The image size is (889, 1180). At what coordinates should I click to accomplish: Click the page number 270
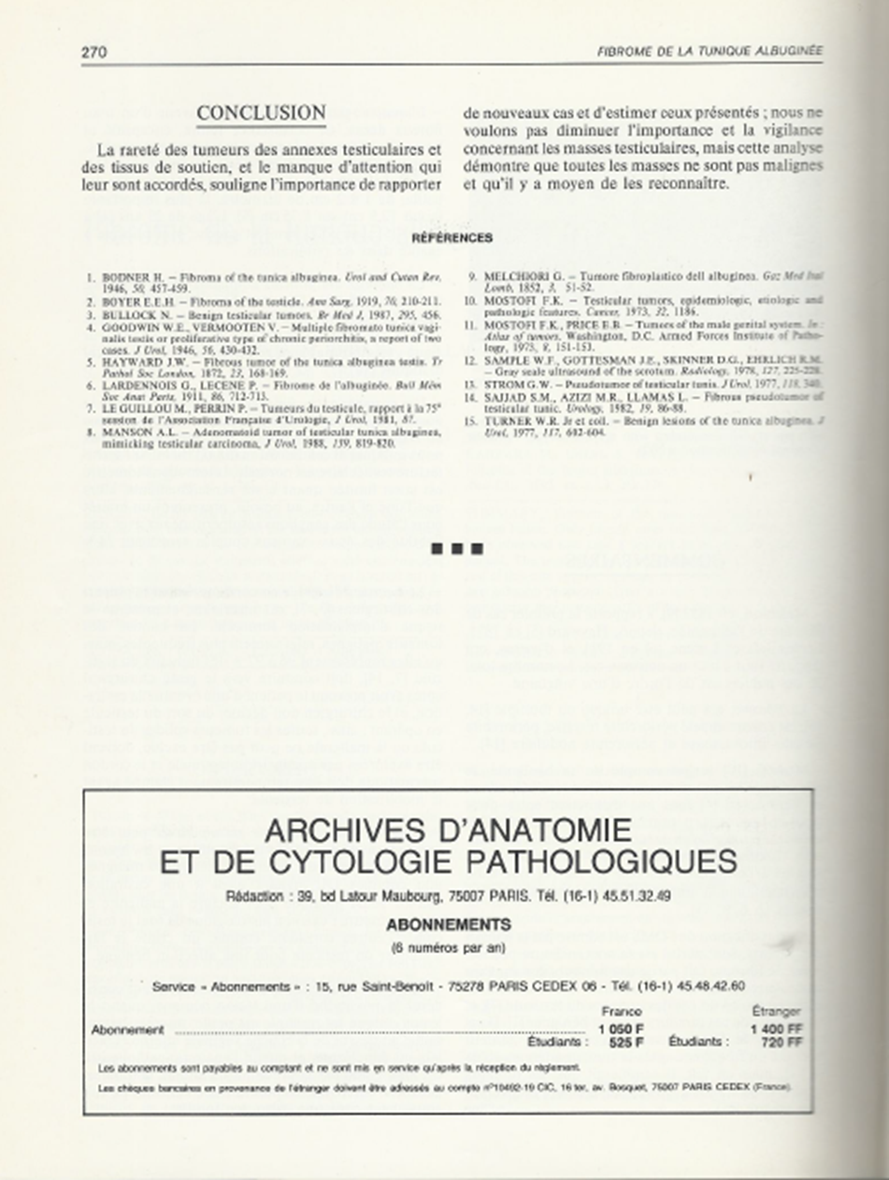pyautogui.click(x=94, y=52)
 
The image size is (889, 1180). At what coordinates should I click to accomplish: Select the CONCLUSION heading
pyautogui.click(x=261, y=113)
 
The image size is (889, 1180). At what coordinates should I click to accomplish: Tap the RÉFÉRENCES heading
pyautogui.click(x=452, y=238)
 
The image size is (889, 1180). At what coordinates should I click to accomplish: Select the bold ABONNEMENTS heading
pyautogui.click(x=449, y=925)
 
